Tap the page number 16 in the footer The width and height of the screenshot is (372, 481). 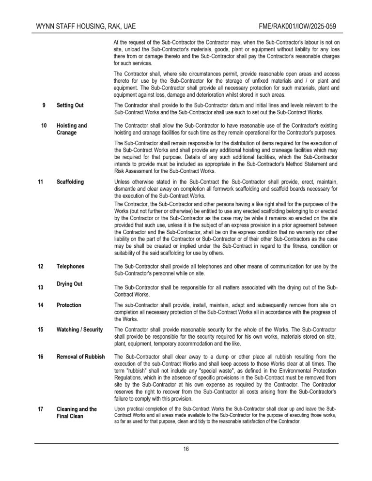pos(186,449)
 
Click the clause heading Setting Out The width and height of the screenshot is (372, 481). pos(70,105)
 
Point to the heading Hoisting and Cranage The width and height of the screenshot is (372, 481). pos(72,129)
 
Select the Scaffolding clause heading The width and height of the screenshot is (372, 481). pos(70,182)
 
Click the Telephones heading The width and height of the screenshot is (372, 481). pos(70,266)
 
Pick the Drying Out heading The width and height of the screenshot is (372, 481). pos(69,284)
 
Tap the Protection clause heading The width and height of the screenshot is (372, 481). pos(69,305)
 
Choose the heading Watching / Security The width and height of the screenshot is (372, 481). pos(79,330)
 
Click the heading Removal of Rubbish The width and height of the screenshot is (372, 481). pos(80,357)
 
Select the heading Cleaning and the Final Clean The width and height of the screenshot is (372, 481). pos(77,412)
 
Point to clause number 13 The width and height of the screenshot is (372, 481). pos(41,287)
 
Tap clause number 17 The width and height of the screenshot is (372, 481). pos(41,409)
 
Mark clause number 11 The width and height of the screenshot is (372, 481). pos(41,182)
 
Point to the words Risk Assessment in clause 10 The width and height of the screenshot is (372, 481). pos(135,171)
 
